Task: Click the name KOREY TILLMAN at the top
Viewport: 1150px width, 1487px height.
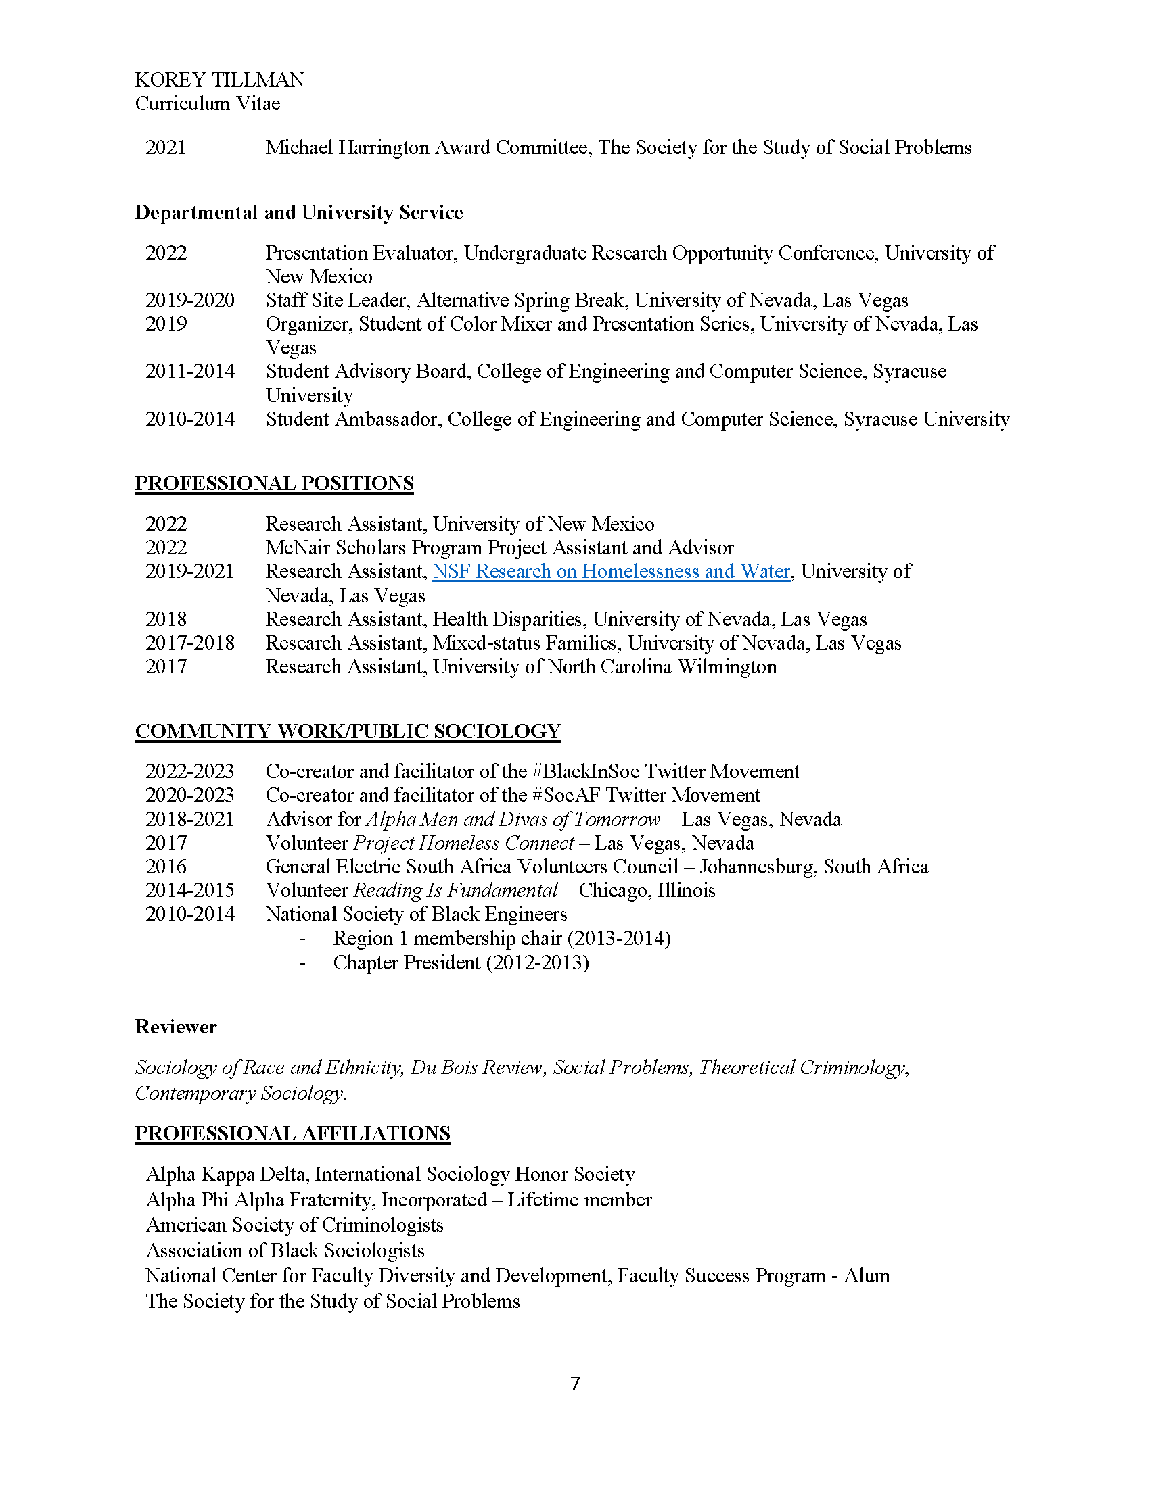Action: click(219, 80)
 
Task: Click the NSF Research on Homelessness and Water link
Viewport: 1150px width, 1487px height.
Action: click(611, 571)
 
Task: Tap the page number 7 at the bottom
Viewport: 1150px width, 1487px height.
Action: click(575, 1384)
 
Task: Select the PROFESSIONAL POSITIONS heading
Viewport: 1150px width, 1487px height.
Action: click(274, 483)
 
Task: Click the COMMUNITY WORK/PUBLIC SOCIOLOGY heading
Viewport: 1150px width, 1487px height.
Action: click(348, 731)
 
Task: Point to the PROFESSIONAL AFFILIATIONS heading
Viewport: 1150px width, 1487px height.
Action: click(292, 1133)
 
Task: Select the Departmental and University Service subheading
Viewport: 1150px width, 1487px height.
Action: click(298, 212)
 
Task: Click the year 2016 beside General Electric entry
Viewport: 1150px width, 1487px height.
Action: click(166, 867)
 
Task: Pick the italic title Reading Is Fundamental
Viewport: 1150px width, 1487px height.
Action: click(455, 891)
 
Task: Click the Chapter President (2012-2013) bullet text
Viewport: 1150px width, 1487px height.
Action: click(461, 962)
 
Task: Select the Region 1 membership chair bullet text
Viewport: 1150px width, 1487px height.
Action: click(501, 939)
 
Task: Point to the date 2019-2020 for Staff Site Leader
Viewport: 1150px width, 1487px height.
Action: click(189, 300)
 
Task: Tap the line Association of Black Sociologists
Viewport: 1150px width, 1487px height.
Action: click(285, 1250)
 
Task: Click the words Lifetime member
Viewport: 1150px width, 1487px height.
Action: click(579, 1200)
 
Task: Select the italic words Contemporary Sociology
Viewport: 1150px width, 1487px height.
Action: click(238, 1093)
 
